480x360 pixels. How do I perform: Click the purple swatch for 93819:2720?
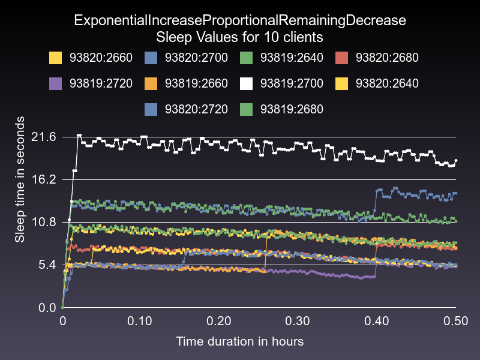click(x=56, y=83)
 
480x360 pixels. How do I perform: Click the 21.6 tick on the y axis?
click(x=43, y=137)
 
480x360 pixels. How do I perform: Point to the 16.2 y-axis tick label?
click(x=43, y=180)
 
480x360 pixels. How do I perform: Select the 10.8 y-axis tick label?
click(x=43, y=223)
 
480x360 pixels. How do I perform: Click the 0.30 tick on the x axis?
click(x=298, y=321)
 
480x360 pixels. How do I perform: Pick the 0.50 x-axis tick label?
click(x=455, y=321)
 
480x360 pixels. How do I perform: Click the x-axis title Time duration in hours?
click(x=239, y=341)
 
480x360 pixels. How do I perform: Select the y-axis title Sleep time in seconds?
click(x=20, y=180)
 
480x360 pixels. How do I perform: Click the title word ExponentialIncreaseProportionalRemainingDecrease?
click(x=240, y=20)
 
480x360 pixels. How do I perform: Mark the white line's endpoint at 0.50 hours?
click(x=456, y=161)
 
